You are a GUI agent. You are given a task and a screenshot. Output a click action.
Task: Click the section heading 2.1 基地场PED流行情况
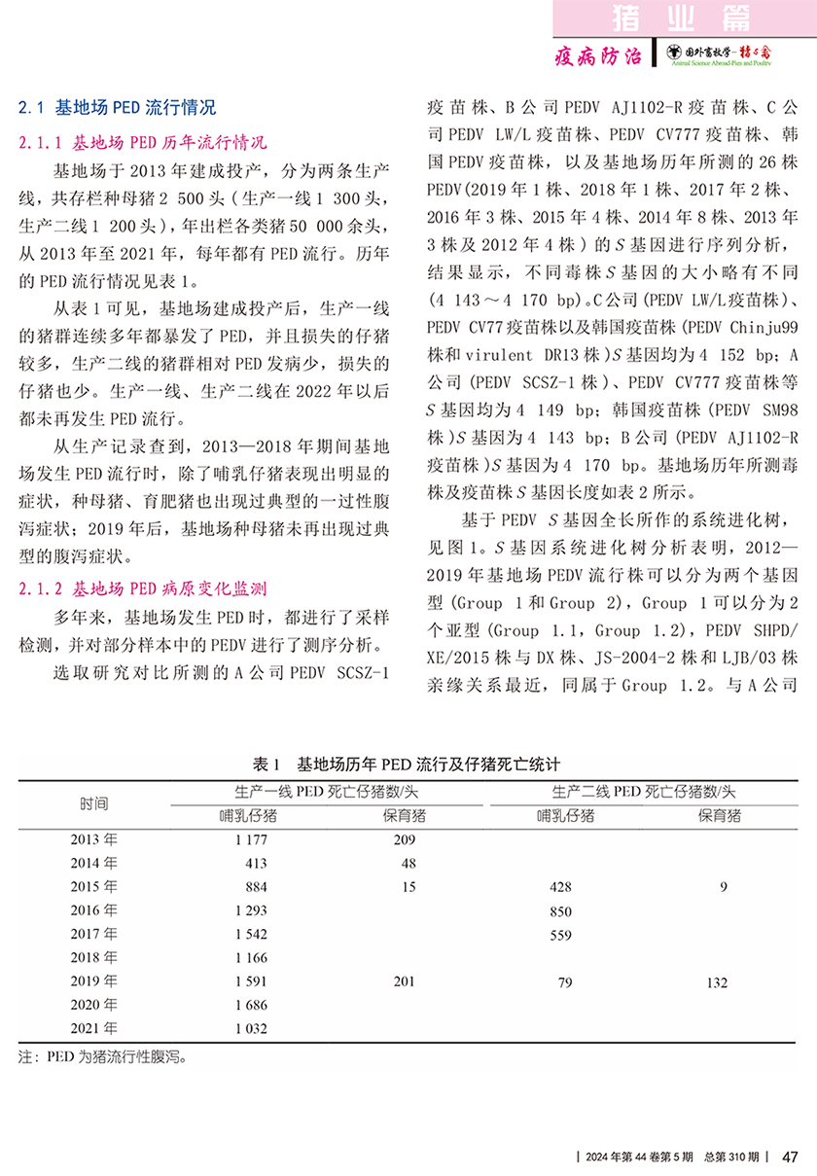point(118,107)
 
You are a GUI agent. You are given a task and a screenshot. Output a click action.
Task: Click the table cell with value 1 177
point(250,839)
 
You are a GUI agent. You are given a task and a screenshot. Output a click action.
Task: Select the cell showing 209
point(404,839)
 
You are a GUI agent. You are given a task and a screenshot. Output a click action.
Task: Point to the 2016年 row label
point(94,910)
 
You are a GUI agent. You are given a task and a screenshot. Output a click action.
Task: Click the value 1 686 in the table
point(250,1005)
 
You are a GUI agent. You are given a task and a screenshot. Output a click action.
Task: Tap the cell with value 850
point(559,911)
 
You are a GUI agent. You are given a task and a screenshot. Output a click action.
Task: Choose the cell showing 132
point(717,982)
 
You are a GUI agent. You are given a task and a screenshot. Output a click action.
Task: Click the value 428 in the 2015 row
point(559,887)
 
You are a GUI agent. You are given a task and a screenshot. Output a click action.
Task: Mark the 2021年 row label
point(94,1027)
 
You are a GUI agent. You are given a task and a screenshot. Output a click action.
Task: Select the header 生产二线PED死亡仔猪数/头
point(643,792)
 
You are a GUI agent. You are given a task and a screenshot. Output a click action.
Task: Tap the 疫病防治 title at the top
point(597,55)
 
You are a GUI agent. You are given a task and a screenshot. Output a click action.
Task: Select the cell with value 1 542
point(250,935)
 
